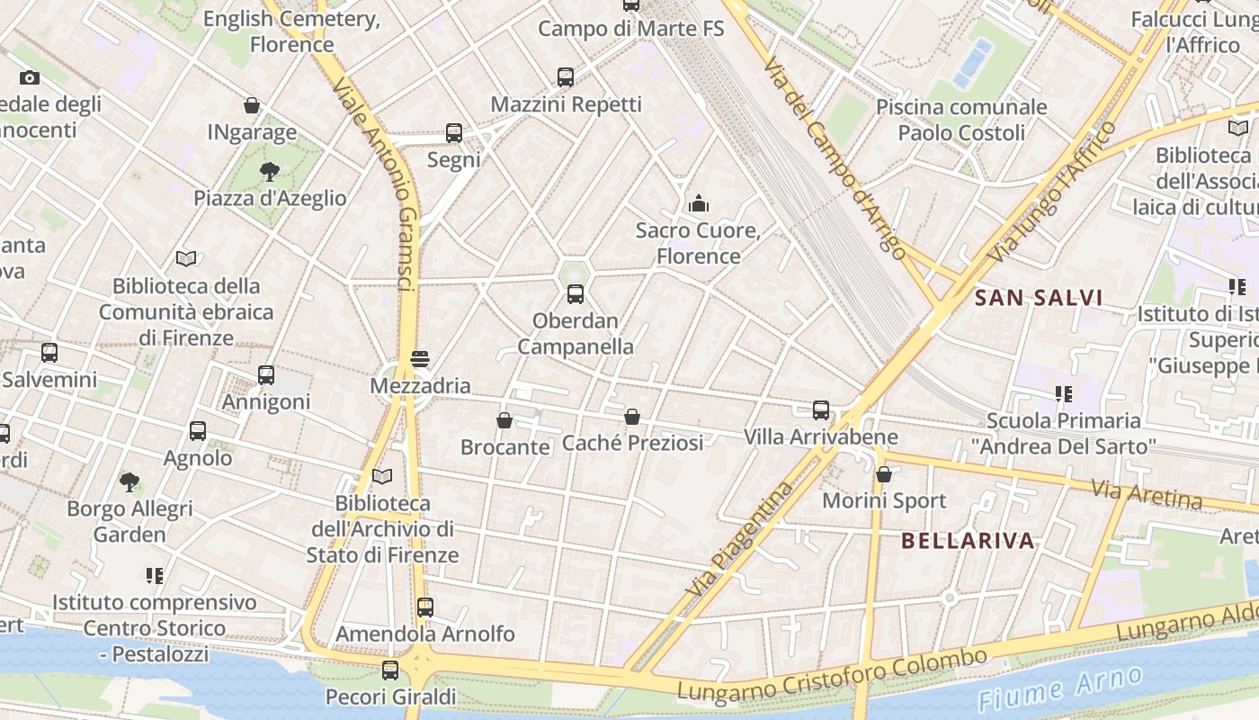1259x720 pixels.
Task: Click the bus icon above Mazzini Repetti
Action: point(565,77)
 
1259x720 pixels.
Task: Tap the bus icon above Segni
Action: point(454,133)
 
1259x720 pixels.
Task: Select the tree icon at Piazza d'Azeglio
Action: point(269,171)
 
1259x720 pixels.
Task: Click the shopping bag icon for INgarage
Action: point(252,105)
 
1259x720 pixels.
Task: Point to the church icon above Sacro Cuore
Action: point(699,203)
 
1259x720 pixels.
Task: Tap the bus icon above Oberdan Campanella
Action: point(576,293)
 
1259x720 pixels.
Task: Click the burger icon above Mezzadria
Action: point(419,359)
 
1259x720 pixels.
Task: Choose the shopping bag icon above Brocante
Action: point(504,420)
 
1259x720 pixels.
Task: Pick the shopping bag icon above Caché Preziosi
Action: point(632,417)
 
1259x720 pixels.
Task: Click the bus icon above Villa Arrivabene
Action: point(820,410)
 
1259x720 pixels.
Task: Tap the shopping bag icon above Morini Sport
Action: point(884,474)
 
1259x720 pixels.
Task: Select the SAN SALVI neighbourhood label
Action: point(1039,298)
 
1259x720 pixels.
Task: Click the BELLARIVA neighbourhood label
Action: point(967,541)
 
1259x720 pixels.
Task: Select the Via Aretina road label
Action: point(1146,494)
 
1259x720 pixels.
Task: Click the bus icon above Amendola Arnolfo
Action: point(425,607)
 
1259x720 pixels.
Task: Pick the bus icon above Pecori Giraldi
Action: point(389,670)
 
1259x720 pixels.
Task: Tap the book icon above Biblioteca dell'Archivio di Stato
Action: point(382,476)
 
